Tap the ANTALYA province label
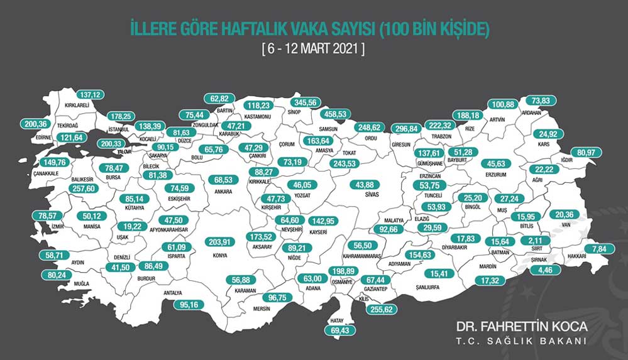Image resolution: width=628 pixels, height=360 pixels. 172,293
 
